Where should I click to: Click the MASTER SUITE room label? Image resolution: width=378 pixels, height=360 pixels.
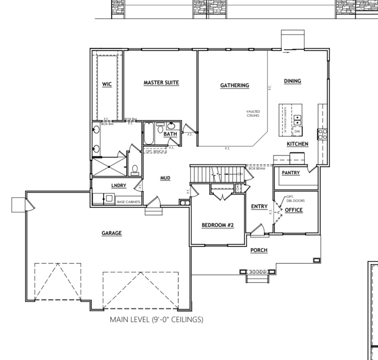click(161, 82)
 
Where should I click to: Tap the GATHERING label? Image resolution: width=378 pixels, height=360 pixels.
click(234, 85)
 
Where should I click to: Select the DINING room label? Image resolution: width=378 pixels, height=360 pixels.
click(292, 81)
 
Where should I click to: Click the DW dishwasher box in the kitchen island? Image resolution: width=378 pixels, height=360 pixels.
click(297, 132)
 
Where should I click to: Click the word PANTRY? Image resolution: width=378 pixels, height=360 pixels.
click(291, 173)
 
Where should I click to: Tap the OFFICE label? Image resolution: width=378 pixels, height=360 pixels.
click(294, 210)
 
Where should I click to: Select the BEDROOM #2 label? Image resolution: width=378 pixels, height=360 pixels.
click(218, 225)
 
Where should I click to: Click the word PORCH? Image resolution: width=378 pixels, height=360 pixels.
click(258, 250)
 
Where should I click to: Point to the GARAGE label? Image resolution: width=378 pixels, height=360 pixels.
click(112, 233)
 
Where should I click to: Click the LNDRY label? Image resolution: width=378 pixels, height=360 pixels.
click(119, 186)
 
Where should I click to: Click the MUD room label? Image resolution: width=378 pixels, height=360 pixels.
click(165, 178)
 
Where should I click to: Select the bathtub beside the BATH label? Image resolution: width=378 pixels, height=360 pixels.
click(148, 134)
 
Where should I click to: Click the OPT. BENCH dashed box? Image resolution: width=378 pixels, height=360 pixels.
click(155, 152)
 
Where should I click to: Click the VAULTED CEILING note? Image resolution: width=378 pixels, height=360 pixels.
click(253, 113)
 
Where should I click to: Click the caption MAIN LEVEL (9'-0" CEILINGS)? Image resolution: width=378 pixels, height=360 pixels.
click(156, 320)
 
